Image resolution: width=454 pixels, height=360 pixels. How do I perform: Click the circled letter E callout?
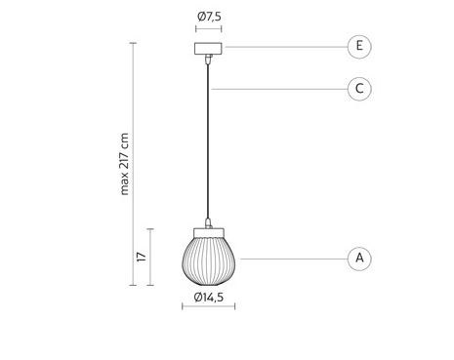(359, 47)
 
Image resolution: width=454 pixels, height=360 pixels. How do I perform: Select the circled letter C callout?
(359, 89)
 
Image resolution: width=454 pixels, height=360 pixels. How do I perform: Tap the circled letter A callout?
(359, 259)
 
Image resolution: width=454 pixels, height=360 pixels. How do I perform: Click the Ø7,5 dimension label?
(209, 17)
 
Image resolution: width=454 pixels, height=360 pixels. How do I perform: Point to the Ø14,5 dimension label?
(209, 298)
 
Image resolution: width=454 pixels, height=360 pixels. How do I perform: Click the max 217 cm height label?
(124, 164)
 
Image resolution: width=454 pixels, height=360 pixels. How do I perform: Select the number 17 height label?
(142, 257)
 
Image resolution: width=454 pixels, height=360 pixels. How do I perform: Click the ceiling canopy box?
(208, 49)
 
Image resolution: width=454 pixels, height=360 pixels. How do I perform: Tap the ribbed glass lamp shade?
(209, 261)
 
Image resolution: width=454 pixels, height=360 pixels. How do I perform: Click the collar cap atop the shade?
(209, 233)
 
